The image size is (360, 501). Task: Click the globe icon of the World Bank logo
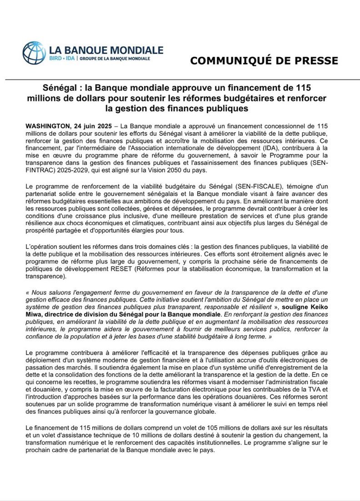[x=34, y=53]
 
